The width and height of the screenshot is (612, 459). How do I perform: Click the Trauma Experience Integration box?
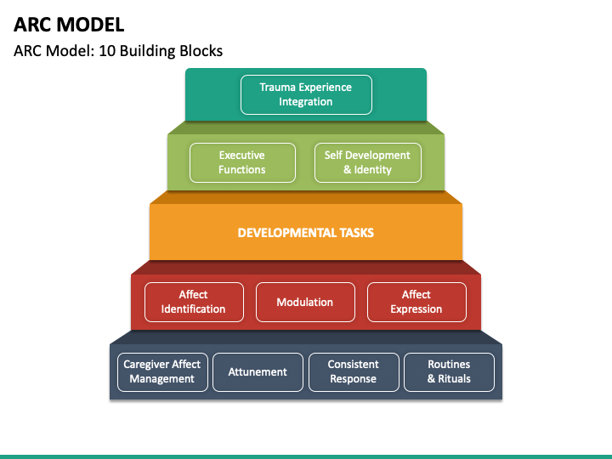point(306,94)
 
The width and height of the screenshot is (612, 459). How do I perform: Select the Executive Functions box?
point(242,162)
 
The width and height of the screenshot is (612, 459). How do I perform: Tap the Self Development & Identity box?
point(368,162)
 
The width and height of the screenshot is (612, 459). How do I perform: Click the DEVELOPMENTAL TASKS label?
point(306,233)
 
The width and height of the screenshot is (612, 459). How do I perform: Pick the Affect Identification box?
point(194,302)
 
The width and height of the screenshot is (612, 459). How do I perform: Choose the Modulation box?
point(305,302)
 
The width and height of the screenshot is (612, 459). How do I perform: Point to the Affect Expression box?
point(416,302)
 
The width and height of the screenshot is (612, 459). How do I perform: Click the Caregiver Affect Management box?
point(162,372)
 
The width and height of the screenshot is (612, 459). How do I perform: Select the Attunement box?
point(258,372)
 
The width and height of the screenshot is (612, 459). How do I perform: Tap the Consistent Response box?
point(354,372)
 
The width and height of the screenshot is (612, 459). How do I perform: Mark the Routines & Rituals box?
point(449,372)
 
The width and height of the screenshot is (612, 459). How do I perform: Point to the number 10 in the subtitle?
point(106,51)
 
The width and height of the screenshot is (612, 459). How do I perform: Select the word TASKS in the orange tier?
point(357,233)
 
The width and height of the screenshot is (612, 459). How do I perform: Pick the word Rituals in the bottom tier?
point(454,378)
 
